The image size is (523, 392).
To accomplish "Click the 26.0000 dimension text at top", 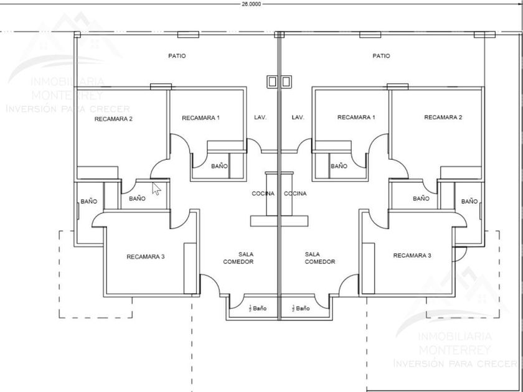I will coord(251,4).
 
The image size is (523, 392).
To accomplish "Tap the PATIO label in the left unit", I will coord(177,56).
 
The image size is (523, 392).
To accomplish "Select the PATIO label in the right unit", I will coord(381,56).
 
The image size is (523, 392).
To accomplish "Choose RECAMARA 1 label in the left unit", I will coord(200,117).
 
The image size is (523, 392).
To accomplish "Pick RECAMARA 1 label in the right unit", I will coord(356,117).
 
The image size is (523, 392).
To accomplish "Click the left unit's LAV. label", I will coord(260,117).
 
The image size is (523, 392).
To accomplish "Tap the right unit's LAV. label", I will coord(298,117).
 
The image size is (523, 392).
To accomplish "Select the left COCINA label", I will coord(263,194).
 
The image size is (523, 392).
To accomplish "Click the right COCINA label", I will coord(295,194).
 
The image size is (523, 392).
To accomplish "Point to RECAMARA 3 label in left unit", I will coord(145,256).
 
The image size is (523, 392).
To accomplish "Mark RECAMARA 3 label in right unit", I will coord(412,255).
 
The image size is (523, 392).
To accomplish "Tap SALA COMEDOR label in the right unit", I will coord(320,258).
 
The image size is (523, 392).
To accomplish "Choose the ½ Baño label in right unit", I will coord(300,308).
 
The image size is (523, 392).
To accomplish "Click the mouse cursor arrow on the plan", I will coord(156,187).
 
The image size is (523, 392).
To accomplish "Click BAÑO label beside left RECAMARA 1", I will coord(219,166).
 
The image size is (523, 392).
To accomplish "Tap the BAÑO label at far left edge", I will coord(88,202).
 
